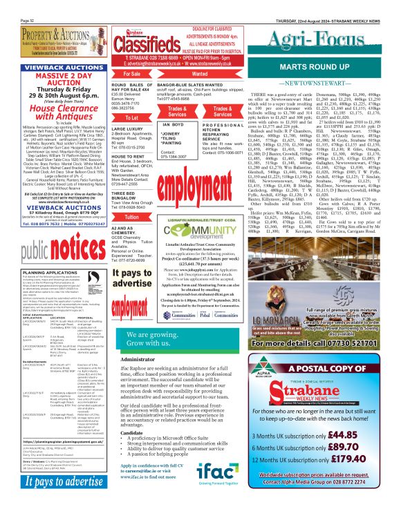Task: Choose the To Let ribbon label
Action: (x=131, y=118)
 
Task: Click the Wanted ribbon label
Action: (x=199, y=73)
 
